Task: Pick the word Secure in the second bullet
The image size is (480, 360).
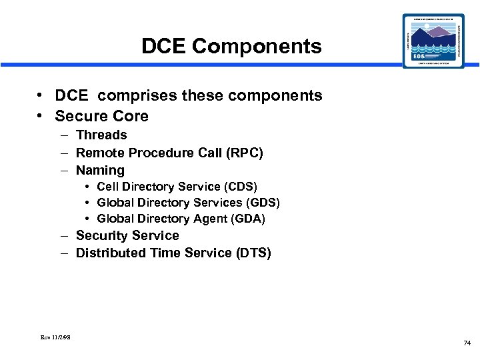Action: (x=79, y=116)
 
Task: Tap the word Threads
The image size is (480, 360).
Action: (x=101, y=135)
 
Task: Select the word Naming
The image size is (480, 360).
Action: (x=100, y=171)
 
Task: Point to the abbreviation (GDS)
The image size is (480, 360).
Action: (x=262, y=203)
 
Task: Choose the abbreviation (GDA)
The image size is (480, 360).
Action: (x=247, y=219)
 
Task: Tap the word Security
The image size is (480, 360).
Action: (x=102, y=236)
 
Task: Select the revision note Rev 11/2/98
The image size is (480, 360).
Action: (x=55, y=337)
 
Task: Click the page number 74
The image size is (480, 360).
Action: (x=466, y=343)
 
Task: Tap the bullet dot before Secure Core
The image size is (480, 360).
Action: (x=41, y=116)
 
